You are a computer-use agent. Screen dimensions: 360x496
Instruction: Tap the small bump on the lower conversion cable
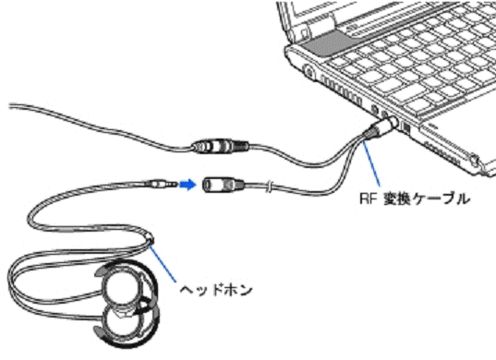pyautogui.click(x=265, y=190)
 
